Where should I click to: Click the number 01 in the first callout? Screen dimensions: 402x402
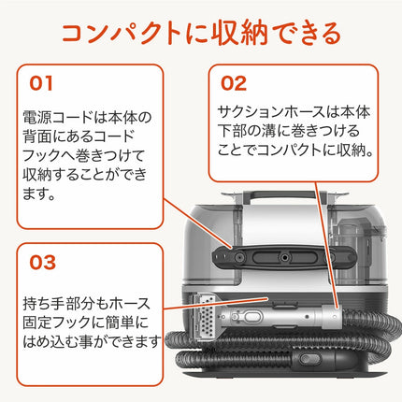coord(41,83)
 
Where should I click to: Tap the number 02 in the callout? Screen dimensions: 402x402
coord(234,83)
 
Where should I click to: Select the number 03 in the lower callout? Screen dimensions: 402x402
coord(42,263)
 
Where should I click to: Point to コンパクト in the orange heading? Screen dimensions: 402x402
coord(122,34)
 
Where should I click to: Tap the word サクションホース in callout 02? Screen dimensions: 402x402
coord(271,112)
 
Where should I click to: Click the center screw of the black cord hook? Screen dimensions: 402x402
coord(284,258)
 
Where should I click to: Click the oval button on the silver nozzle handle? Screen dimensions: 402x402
coord(252,316)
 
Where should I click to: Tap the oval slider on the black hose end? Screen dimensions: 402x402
coord(310,359)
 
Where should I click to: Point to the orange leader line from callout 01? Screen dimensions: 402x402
coord(198,223)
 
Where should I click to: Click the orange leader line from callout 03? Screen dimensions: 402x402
coord(216,304)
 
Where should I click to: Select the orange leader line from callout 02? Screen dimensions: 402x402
coord(326,244)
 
